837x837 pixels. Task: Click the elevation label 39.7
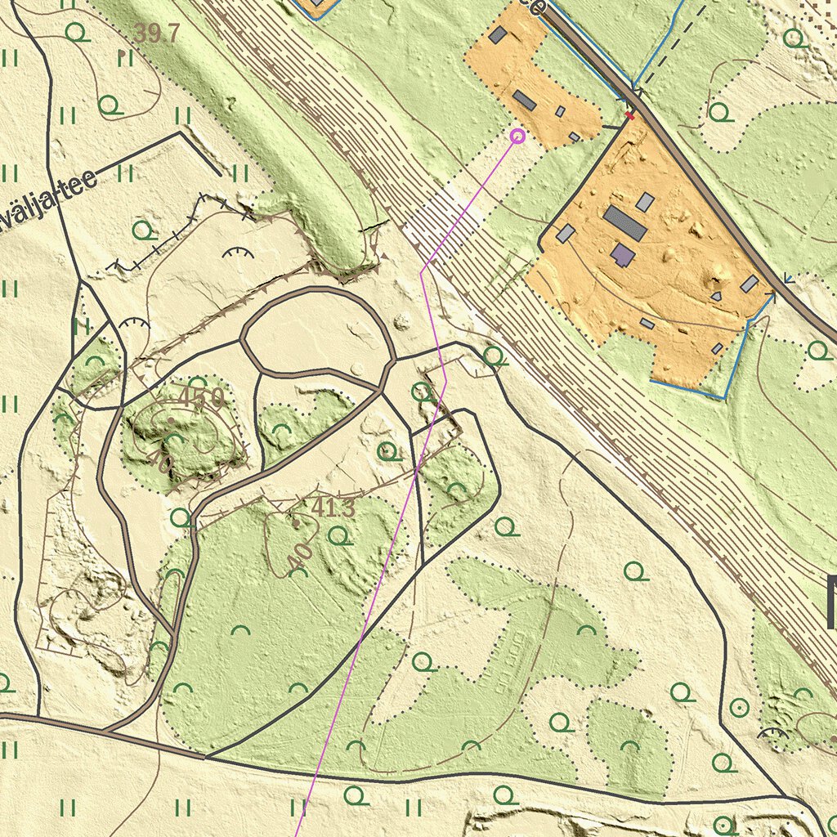(156, 34)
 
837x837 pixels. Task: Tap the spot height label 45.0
(201, 398)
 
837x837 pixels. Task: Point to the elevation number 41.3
(333, 508)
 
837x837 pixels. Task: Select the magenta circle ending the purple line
(517, 136)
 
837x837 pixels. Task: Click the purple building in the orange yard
(623, 255)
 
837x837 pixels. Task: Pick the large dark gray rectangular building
(625, 222)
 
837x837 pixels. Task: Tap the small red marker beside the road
(629, 115)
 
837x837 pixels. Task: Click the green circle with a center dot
(740, 706)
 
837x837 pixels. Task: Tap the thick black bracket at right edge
(831, 602)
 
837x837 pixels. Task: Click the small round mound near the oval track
(401, 321)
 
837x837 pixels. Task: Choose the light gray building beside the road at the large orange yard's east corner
(750, 284)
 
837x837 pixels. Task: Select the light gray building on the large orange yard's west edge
(565, 234)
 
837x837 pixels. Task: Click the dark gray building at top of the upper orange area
(498, 34)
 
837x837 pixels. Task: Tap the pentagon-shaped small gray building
(716, 296)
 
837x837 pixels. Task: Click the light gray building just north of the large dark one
(645, 202)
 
